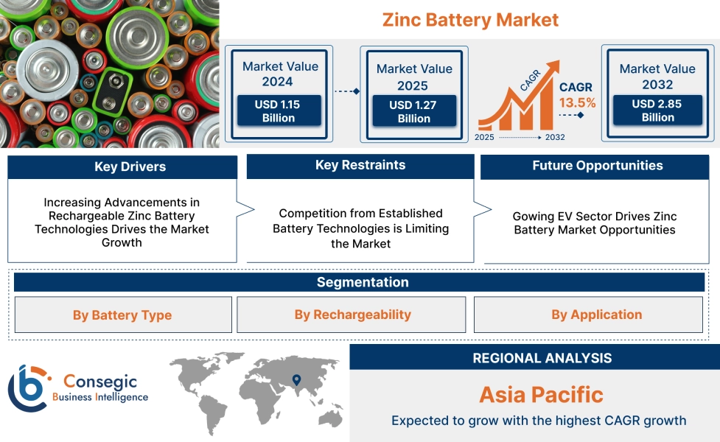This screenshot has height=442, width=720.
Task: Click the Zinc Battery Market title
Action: point(470,20)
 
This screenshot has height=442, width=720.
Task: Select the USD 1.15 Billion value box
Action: point(279,111)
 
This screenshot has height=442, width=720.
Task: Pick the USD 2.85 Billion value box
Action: point(657,110)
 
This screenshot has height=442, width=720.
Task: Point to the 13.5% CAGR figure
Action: point(577,102)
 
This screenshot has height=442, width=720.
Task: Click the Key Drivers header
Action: point(122,167)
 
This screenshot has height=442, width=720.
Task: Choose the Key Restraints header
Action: point(360,166)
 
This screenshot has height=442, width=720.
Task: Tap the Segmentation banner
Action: point(360,282)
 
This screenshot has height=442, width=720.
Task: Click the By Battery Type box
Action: point(122,315)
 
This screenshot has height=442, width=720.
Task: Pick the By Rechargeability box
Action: point(352,315)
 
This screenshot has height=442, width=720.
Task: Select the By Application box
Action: point(596,315)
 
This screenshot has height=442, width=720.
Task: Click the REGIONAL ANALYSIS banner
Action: point(542,358)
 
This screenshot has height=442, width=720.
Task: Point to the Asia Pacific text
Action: point(541,394)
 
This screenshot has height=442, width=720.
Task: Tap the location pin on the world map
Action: point(296,380)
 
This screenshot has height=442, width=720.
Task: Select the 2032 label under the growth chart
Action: point(555,138)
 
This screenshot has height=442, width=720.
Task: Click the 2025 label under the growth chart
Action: point(485,138)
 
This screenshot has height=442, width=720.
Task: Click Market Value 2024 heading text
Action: point(280,74)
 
